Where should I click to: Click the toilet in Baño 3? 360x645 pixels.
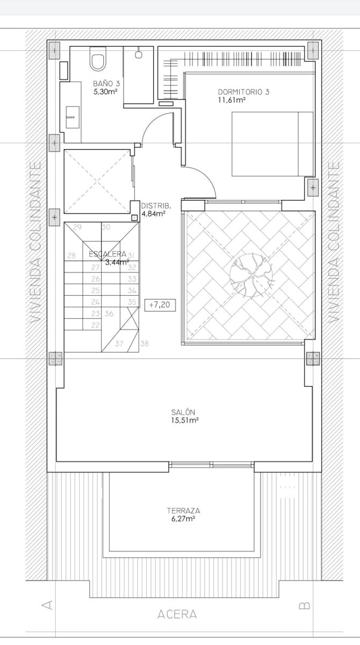tap(98, 60)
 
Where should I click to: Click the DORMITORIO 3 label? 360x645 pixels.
tap(243, 92)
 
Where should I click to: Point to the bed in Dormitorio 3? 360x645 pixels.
tap(272, 144)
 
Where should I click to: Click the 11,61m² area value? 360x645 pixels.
tap(232, 100)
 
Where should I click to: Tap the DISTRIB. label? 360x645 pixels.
tap(156, 206)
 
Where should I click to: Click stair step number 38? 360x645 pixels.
tap(145, 343)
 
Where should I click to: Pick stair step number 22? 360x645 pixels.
tap(96, 325)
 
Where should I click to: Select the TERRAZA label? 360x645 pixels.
tap(183, 511)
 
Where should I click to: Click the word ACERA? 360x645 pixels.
tap(177, 614)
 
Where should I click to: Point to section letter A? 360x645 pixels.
tap(47, 606)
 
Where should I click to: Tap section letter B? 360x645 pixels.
tap(304, 606)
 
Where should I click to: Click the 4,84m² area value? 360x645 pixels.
tap(153, 214)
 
